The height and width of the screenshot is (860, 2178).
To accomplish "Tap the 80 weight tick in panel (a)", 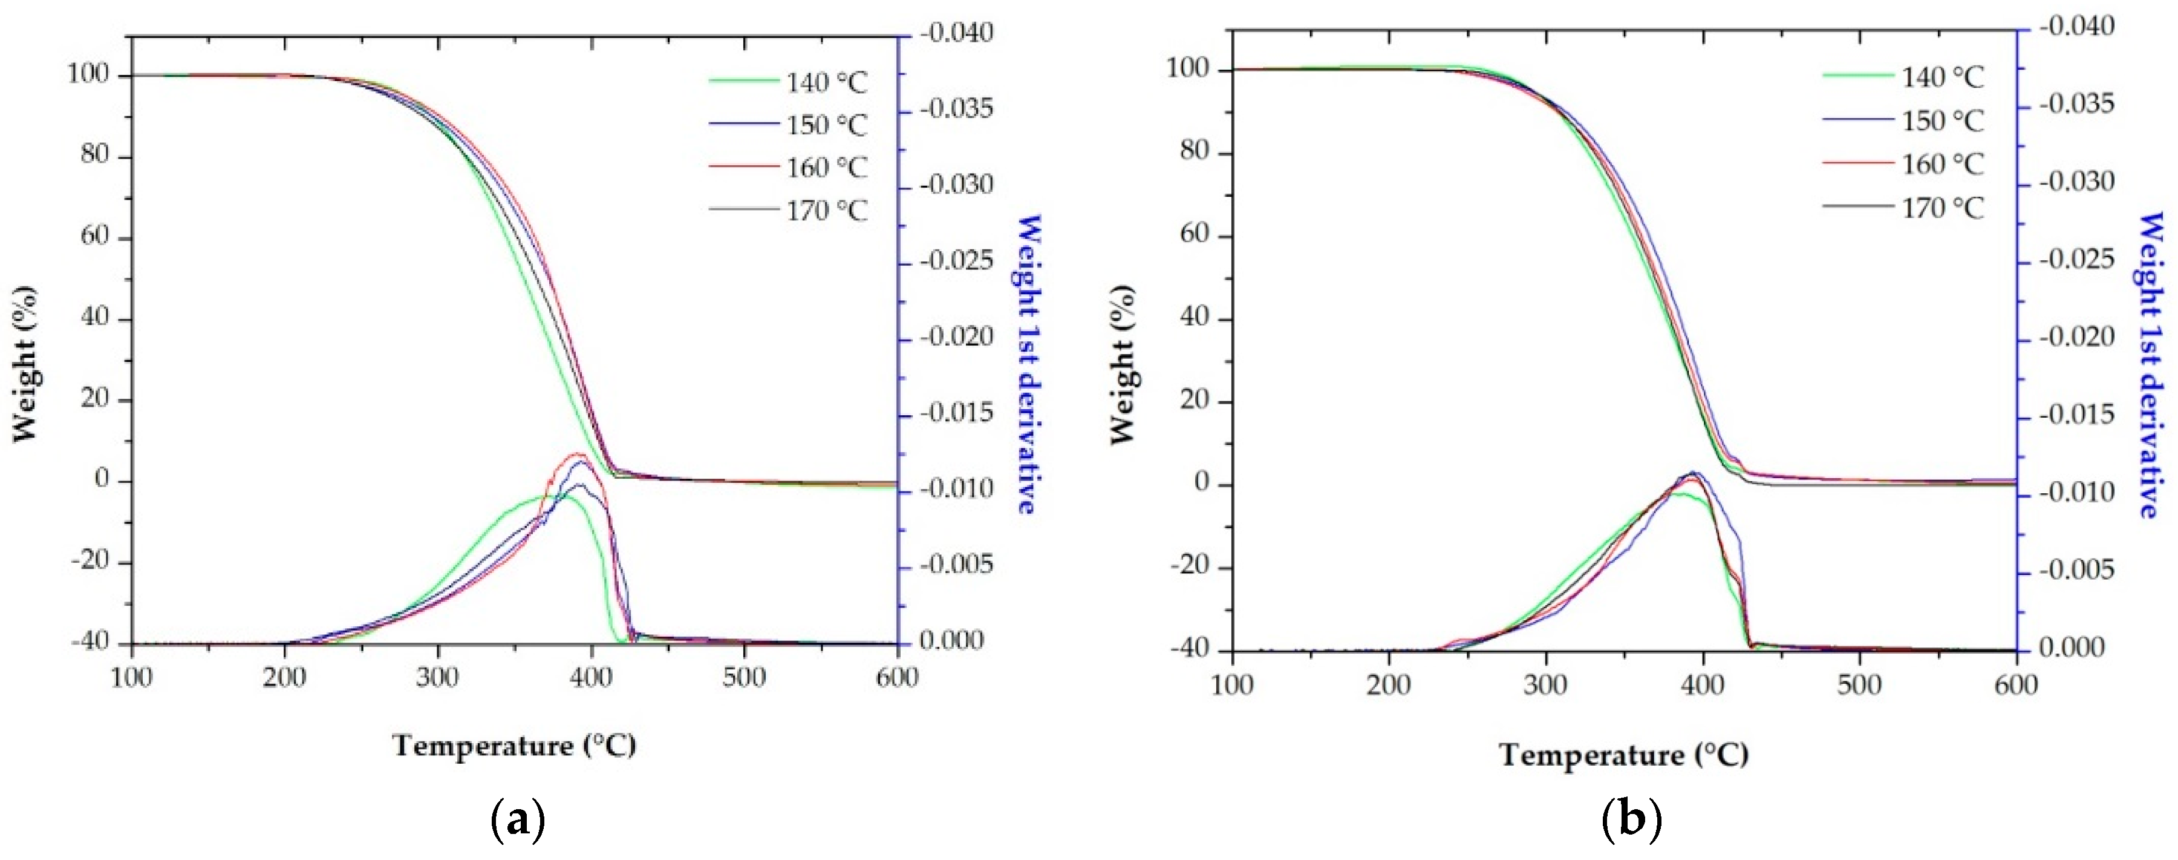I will tap(95, 156).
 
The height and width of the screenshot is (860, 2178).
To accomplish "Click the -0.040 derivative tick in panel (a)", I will tap(956, 34).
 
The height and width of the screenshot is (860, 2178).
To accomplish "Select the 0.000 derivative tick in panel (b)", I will tap(2076, 649).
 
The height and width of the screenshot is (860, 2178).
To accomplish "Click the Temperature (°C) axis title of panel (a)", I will tap(514, 746).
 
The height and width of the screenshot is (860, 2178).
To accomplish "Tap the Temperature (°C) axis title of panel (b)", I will tap(1623, 754).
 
